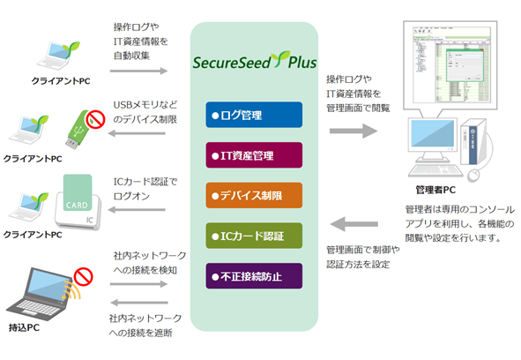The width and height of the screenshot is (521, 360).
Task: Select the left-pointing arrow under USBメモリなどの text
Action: (138, 134)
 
